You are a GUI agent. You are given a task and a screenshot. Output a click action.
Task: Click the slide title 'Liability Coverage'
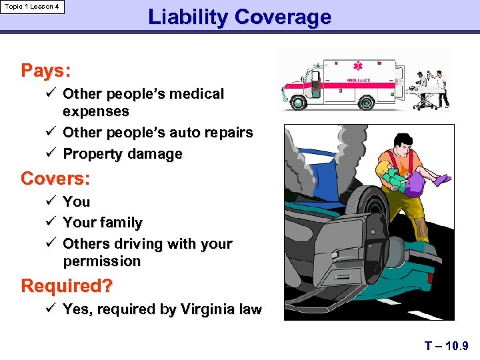[239, 17]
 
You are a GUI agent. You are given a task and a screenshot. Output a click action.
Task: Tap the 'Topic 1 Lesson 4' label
[33, 7]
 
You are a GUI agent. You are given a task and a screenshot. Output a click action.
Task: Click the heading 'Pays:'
[46, 70]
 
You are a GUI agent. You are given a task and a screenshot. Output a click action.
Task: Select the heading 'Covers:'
[55, 179]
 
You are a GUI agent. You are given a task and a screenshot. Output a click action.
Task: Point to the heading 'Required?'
[67, 286]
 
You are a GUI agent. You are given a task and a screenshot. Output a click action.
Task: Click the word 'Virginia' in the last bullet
[199, 310]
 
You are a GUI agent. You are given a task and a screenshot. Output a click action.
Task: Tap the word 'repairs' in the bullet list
[229, 133]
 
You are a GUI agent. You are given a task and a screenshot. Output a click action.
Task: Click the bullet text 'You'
[76, 201]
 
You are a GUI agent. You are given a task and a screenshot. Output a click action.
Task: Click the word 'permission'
[102, 261]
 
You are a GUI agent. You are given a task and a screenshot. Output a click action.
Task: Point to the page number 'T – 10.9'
[447, 346]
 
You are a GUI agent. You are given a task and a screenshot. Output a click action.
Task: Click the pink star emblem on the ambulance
[359, 66]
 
